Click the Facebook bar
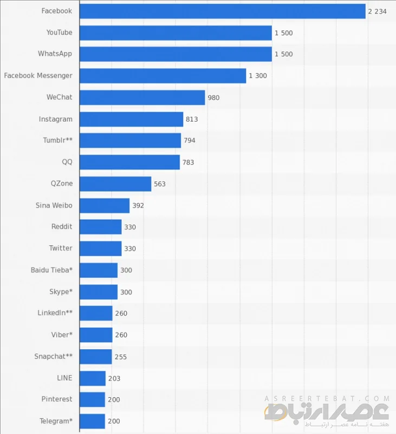tap(222, 11)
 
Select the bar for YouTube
tap(176, 33)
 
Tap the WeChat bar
tap(142, 97)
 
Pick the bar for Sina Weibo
tap(105, 206)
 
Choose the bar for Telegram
tap(92, 421)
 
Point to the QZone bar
tap(115, 184)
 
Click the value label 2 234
tap(377, 11)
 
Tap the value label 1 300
tap(258, 76)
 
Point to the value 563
tap(160, 184)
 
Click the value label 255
tap(121, 357)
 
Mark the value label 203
tap(114, 378)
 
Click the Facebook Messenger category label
tap(38, 75)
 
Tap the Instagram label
tap(55, 119)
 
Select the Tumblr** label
tap(57, 141)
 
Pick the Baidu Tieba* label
tap(51, 270)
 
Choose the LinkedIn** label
tap(55, 313)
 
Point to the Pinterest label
tap(56, 399)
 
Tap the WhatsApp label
tap(55, 54)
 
